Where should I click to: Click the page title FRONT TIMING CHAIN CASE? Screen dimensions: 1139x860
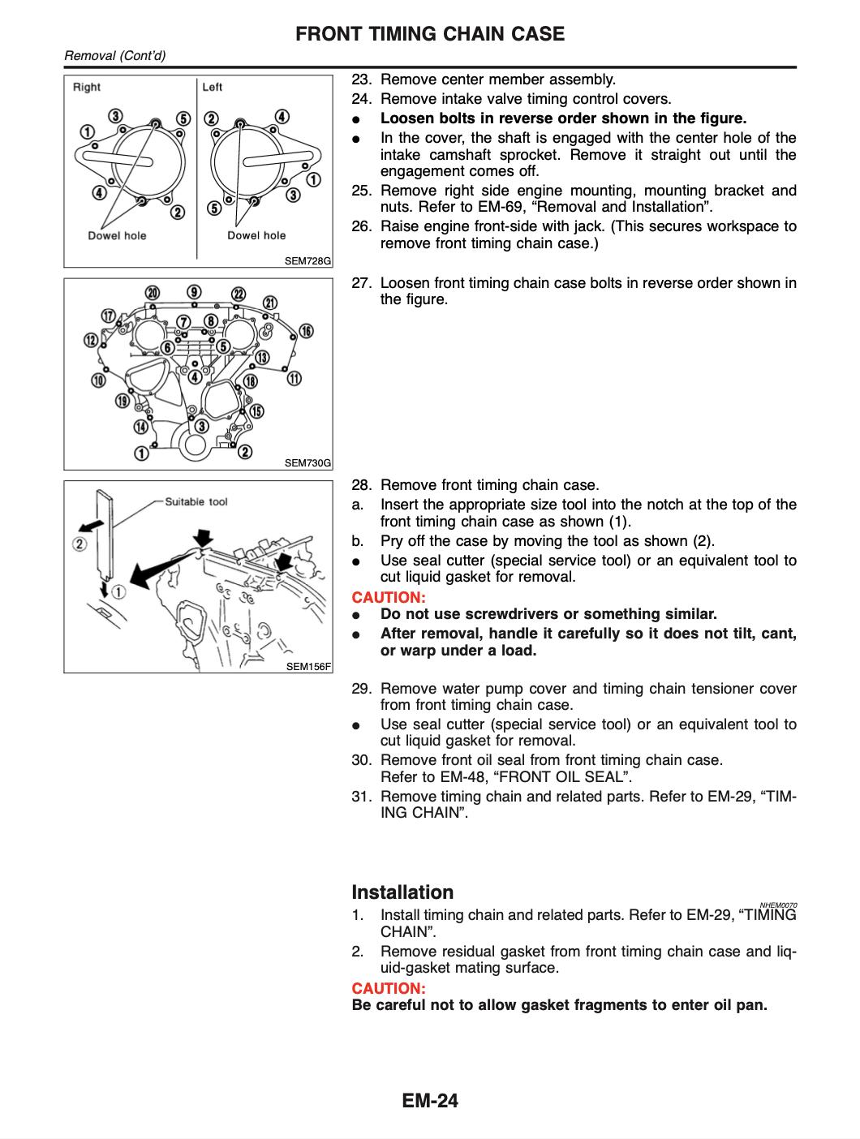(x=429, y=34)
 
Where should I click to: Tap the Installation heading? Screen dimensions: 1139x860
(x=402, y=892)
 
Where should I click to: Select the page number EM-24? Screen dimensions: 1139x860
(x=429, y=1101)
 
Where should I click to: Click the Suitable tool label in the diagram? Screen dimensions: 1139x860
(x=196, y=501)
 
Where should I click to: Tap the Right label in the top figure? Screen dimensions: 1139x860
(x=87, y=87)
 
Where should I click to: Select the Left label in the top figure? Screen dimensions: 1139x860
(x=213, y=87)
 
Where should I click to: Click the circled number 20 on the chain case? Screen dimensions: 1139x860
(x=152, y=293)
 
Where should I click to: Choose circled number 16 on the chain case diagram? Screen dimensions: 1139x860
(x=306, y=330)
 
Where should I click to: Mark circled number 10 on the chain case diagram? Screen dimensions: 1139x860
(x=99, y=380)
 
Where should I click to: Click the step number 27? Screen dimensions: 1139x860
(x=361, y=283)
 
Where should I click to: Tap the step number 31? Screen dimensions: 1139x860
(x=361, y=797)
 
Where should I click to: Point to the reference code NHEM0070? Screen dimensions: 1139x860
(x=779, y=905)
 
